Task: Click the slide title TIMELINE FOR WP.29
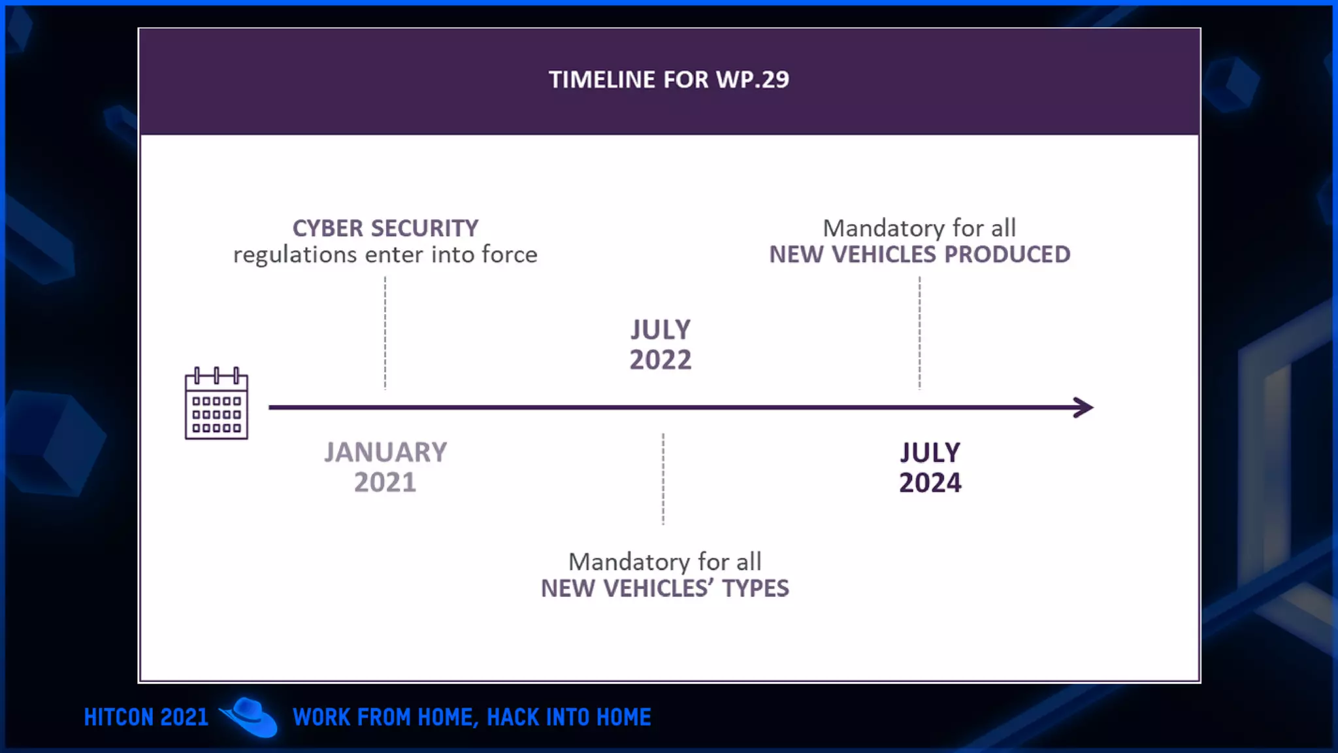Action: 668,80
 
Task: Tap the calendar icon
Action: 216,404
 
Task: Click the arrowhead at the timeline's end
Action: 1084,407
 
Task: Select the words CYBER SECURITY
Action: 385,228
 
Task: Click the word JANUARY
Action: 385,452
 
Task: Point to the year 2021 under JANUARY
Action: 385,482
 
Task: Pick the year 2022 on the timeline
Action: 660,360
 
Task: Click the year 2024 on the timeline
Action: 930,482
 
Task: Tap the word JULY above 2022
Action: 660,329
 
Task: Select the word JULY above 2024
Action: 930,452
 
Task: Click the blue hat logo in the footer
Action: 250,717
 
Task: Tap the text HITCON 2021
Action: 146,717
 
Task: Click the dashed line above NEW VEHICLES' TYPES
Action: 663,478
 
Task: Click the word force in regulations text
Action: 509,254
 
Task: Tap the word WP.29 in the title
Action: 752,80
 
